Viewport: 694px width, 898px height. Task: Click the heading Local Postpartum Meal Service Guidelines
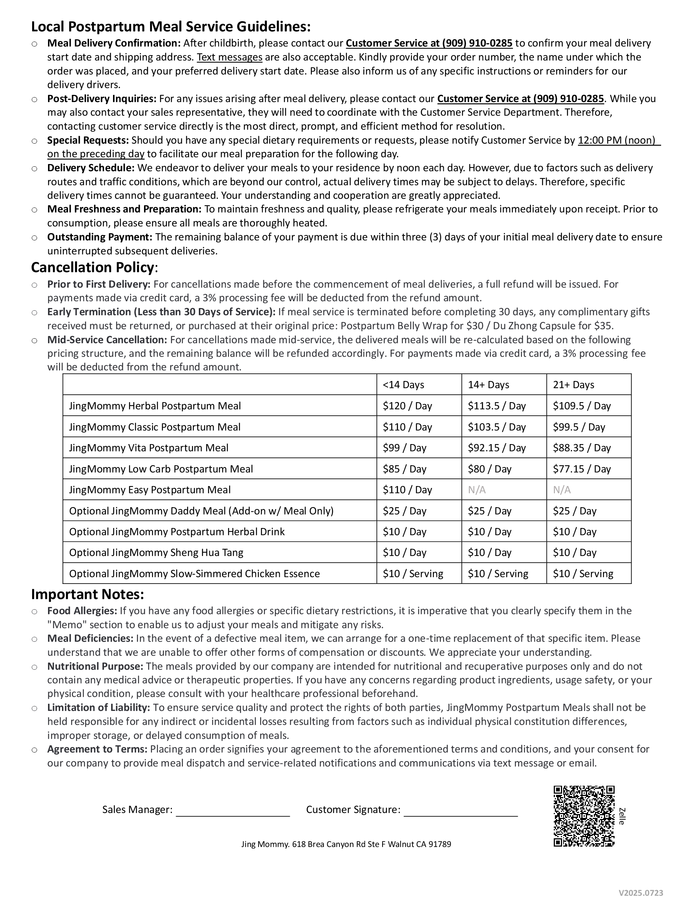click(x=170, y=27)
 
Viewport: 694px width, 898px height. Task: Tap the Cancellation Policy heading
click(x=94, y=268)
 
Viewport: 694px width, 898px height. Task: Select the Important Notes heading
click(x=88, y=595)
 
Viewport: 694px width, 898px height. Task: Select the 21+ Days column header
click(x=573, y=385)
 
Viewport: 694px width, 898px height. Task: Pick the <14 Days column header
click(x=403, y=385)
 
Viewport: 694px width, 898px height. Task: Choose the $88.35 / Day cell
click(x=581, y=448)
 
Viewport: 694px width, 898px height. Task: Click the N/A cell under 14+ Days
click(x=477, y=490)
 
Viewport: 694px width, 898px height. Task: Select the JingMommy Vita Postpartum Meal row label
click(x=149, y=448)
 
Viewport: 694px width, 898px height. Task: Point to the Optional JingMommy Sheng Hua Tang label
click(x=156, y=553)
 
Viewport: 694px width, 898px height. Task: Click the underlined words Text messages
click(x=229, y=57)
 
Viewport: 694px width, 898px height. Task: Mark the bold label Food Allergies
click(x=82, y=611)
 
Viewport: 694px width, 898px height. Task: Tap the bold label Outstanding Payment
click(x=99, y=237)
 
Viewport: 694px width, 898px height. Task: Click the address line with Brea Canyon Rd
click(x=346, y=844)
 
